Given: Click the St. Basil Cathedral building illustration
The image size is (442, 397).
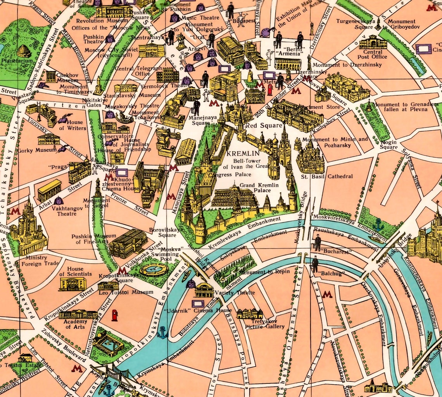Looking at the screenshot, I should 310,157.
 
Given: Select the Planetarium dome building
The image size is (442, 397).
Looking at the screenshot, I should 24,51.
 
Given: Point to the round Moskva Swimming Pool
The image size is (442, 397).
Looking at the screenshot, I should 154,269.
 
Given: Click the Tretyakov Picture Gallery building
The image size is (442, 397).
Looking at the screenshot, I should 250,313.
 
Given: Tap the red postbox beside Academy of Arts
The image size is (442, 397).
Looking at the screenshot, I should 114,315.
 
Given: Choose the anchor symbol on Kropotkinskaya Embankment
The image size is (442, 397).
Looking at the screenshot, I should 162,332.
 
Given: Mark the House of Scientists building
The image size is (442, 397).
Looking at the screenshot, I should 73,284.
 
